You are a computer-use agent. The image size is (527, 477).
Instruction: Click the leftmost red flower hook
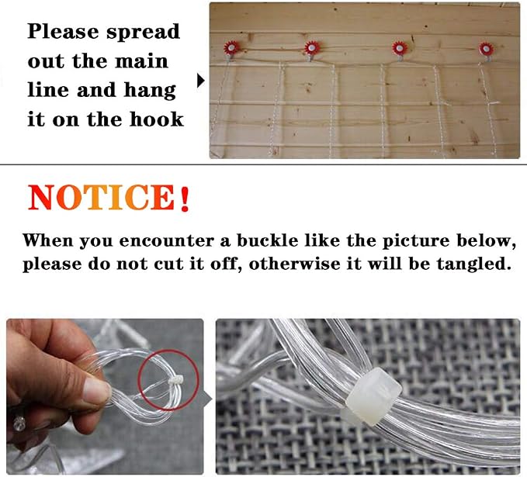pyautogui.click(x=231, y=48)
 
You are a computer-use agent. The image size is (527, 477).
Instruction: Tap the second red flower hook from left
pyautogui.click(x=311, y=48)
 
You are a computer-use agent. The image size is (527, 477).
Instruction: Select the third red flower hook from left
pyautogui.click(x=399, y=48)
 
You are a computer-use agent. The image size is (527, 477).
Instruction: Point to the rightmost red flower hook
pyautogui.click(x=486, y=49)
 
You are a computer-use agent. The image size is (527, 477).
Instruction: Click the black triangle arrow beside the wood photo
pyautogui.click(x=201, y=81)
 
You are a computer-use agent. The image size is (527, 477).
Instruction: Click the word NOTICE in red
pyautogui.click(x=102, y=198)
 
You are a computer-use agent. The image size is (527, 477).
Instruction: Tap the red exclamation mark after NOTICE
pyautogui.click(x=184, y=199)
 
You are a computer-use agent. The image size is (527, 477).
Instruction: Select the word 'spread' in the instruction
pyautogui.click(x=143, y=33)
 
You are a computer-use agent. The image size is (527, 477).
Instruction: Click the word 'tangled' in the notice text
pyautogui.click(x=471, y=264)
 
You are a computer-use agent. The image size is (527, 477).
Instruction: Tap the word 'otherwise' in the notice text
pyautogui.click(x=294, y=264)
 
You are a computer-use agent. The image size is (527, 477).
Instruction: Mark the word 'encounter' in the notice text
pyautogui.click(x=167, y=241)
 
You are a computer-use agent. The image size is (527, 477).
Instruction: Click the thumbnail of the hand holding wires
pyautogui.click(x=105, y=396)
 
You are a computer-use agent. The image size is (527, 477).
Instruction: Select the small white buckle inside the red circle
pyautogui.click(x=175, y=380)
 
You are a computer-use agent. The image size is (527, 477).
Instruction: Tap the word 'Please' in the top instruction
pyautogui.click(x=63, y=32)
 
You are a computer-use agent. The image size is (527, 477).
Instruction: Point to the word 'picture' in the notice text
pyautogui.click(x=415, y=241)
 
